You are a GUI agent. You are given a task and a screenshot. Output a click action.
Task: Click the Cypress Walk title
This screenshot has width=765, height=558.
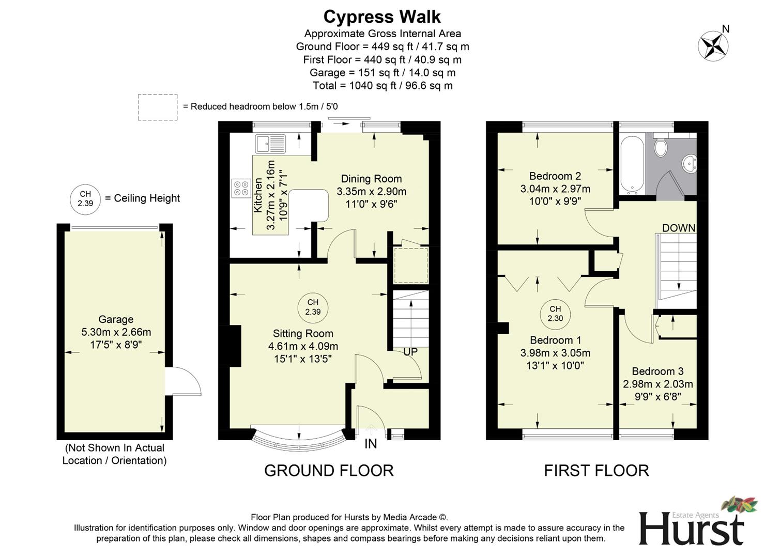(x=382, y=17)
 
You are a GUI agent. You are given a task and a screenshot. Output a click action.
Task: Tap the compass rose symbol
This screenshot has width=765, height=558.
(x=713, y=45)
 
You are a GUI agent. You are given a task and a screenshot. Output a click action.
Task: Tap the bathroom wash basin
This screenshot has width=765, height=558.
(x=689, y=164)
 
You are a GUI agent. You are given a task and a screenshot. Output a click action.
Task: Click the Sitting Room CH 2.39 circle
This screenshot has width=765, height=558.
(x=313, y=307)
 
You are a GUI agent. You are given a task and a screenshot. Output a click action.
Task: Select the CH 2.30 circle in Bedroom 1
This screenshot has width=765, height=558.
(x=555, y=314)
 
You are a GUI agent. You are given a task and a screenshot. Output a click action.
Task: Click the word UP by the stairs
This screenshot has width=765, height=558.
(x=410, y=352)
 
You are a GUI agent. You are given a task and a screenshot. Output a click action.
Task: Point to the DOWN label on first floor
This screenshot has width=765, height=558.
(x=679, y=228)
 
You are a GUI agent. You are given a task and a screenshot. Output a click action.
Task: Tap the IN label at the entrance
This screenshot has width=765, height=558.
(x=371, y=443)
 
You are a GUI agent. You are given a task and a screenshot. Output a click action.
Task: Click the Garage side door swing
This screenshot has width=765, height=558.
(x=185, y=381)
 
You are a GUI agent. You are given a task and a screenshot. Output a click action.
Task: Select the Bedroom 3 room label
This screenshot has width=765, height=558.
(x=657, y=371)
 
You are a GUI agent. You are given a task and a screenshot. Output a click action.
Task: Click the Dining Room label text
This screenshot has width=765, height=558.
(x=371, y=179)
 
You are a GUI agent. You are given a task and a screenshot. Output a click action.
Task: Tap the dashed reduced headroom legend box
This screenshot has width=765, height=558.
(x=158, y=107)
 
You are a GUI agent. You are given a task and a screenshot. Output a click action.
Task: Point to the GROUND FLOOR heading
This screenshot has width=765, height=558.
(x=329, y=470)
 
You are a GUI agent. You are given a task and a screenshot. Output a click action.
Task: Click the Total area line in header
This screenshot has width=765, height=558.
(x=382, y=86)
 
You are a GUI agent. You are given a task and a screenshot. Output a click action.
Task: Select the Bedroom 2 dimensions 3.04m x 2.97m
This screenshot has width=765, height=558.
(x=555, y=189)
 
